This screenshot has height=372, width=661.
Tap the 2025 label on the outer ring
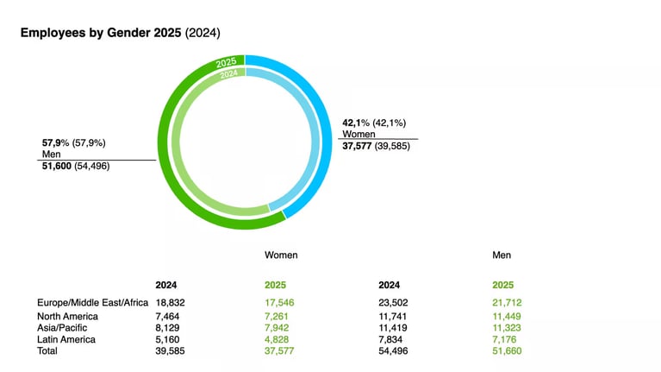tap(227, 62)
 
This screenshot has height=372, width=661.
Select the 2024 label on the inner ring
tap(228, 74)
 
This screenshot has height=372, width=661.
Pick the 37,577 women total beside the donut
tap(362, 146)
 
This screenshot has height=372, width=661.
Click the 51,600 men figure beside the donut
tap(57, 165)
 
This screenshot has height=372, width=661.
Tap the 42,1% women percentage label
tap(358, 123)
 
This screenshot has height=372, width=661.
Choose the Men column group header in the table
tap(502, 255)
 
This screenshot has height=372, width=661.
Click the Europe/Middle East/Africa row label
tap(92, 302)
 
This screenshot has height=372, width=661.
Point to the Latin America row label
tap(66, 339)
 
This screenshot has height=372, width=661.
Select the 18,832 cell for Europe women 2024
tap(171, 302)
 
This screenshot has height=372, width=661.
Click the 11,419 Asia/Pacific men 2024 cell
tap(394, 328)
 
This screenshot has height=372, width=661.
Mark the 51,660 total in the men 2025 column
tap(507, 351)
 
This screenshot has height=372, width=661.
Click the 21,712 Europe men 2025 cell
tap(507, 302)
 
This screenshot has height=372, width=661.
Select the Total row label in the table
tap(49, 351)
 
